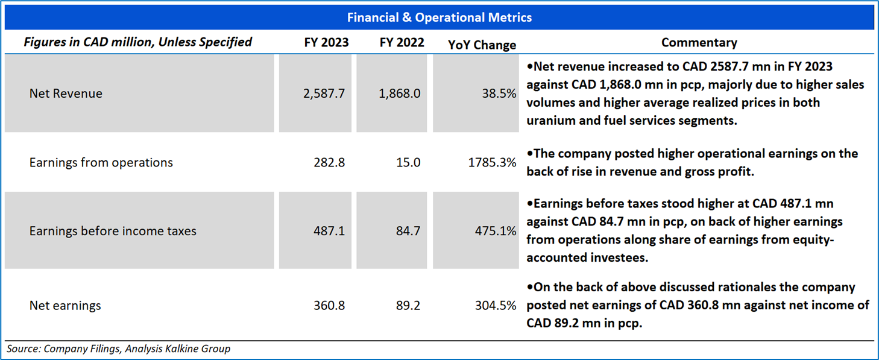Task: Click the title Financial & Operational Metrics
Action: tap(439, 17)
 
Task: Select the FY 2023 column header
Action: tap(326, 43)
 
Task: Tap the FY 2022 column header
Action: tap(402, 43)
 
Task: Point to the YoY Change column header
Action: tap(482, 45)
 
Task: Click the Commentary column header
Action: tap(699, 43)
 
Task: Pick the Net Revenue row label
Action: tap(66, 93)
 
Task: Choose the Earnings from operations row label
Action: tap(101, 162)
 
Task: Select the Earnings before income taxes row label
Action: tap(113, 231)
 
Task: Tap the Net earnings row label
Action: tap(65, 306)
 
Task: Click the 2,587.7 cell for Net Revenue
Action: tap(325, 93)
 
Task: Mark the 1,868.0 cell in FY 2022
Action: tap(400, 93)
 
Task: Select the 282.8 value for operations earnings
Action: tap(329, 162)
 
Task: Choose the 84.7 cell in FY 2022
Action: tap(409, 231)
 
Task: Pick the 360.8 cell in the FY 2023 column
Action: tap(329, 306)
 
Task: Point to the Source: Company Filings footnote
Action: tap(118, 349)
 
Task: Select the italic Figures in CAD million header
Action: tap(137, 42)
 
